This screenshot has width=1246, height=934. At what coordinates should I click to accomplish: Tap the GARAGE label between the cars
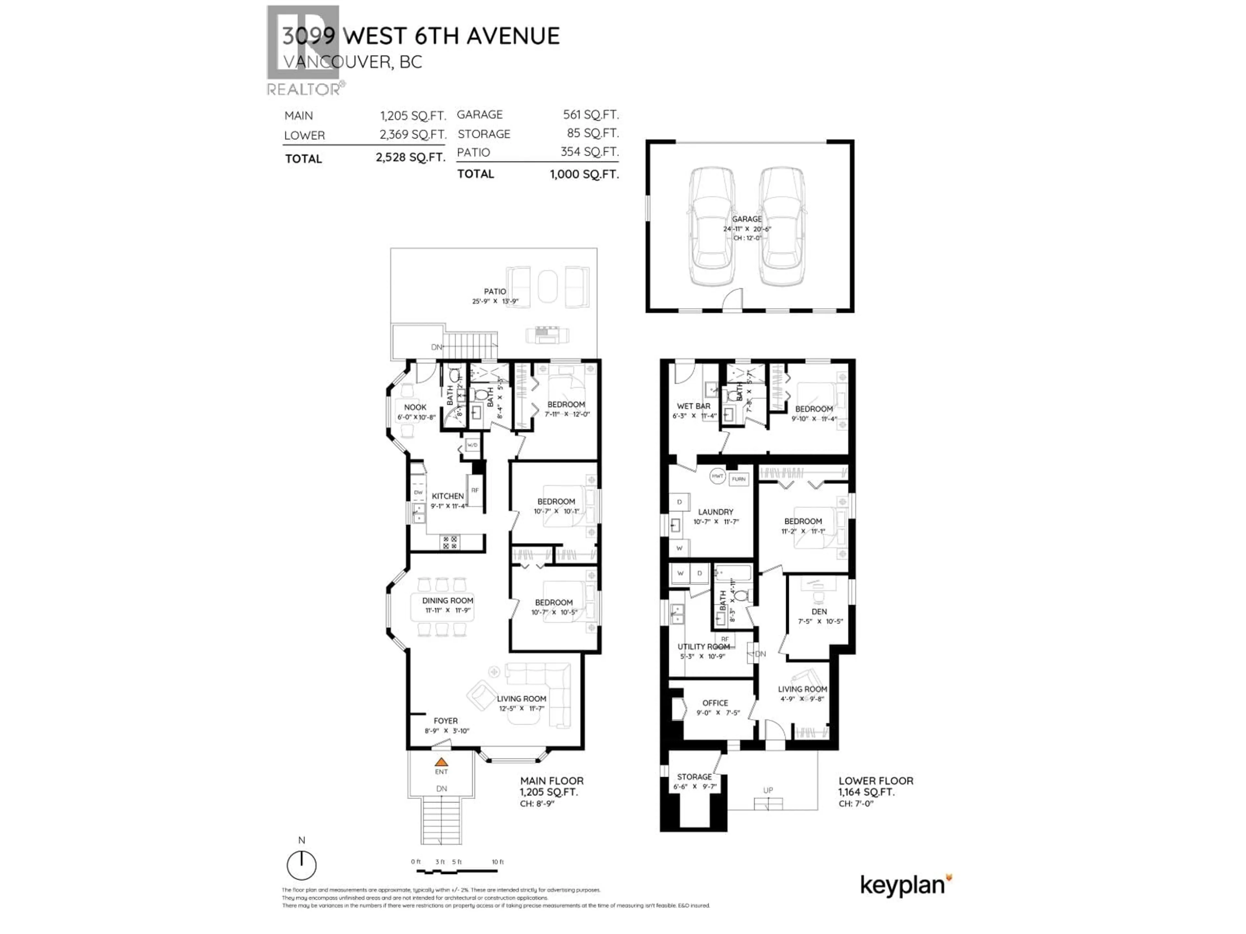click(x=746, y=219)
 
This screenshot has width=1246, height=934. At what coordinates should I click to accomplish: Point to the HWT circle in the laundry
click(x=717, y=476)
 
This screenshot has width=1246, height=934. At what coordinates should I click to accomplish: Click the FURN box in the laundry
click(x=739, y=479)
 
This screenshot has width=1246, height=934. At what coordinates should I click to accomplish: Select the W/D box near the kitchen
click(x=472, y=445)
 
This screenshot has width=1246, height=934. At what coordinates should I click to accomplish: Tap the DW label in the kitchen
click(x=418, y=492)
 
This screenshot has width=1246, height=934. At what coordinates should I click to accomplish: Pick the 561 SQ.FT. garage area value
click(x=590, y=115)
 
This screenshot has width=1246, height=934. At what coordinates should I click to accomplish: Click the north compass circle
click(x=301, y=865)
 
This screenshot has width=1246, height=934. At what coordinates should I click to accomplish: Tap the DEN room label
click(x=819, y=611)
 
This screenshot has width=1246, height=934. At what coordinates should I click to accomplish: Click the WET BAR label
click(x=693, y=406)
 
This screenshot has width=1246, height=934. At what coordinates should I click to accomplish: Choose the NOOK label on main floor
click(x=415, y=407)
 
